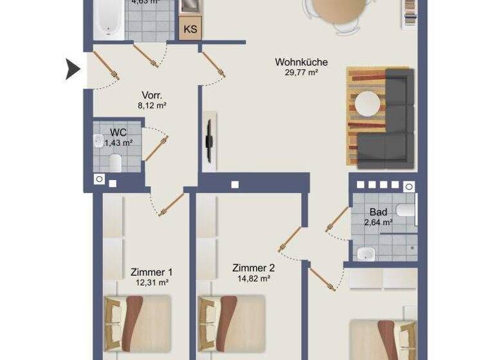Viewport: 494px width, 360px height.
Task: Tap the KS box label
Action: coord(190,29)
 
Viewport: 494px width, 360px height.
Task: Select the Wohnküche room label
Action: coord(301,62)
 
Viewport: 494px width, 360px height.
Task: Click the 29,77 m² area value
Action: coord(302,73)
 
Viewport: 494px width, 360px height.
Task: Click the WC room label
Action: coord(118,132)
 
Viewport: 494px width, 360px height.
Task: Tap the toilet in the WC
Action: coord(116,163)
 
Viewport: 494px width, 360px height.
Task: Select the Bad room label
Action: coord(378,212)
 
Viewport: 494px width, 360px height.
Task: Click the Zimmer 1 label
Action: coord(151,272)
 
